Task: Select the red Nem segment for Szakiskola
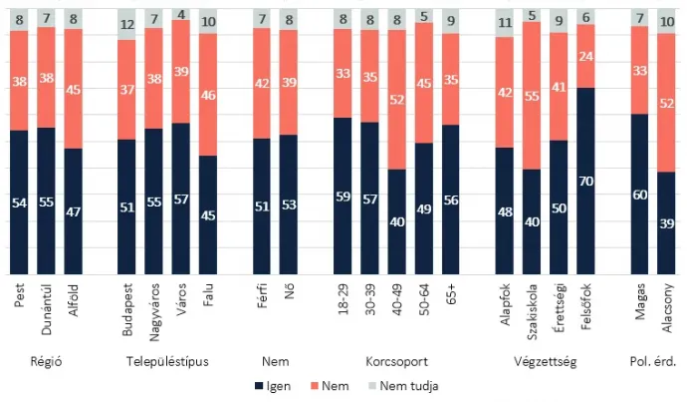pyautogui.click(x=533, y=96)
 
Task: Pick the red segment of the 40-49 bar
pyautogui.click(x=397, y=100)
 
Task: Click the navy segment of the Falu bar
pyautogui.click(x=207, y=213)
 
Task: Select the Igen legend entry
pyautogui.click(x=277, y=385)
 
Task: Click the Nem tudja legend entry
pyautogui.click(x=398, y=385)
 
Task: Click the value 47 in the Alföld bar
pyautogui.click(x=72, y=212)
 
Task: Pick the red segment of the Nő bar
pyautogui.click(x=289, y=83)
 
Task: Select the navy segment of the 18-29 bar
pyautogui.click(x=343, y=195)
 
